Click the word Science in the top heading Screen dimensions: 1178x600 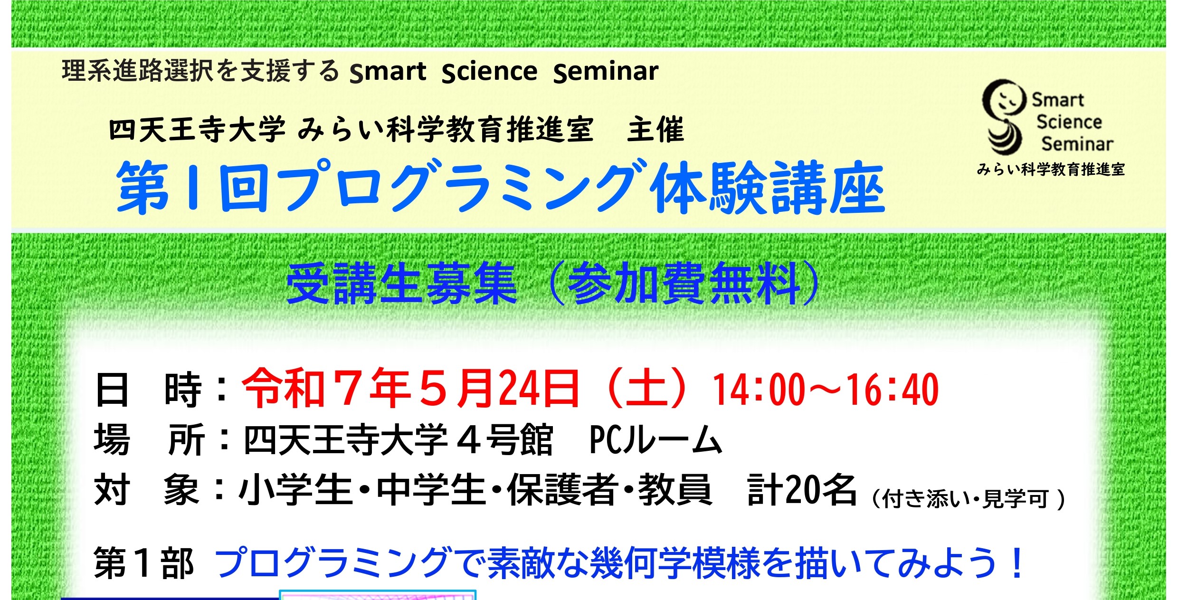pyautogui.click(x=490, y=72)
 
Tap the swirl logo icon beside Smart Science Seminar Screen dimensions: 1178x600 pyautogui.click(x=1002, y=116)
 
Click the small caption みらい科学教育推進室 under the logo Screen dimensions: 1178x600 pyautogui.click(x=1051, y=169)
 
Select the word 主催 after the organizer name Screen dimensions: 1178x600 pyautogui.click(x=655, y=130)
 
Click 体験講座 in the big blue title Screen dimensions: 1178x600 pyautogui.click(x=767, y=187)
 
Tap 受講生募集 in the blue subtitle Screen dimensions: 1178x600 pyautogui.click(x=401, y=284)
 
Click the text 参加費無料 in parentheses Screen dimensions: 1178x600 pyautogui.click(x=684, y=284)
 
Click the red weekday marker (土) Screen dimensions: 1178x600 pyautogui.click(x=646, y=389)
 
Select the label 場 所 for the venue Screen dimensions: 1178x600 pyautogui.click(x=150, y=439)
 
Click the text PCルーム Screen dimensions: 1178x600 pyautogui.click(x=656, y=439)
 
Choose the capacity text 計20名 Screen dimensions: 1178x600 pyautogui.click(x=802, y=490)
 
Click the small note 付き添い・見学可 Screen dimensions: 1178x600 pyautogui.click(x=965, y=499)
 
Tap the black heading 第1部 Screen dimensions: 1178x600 pyautogui.click(x=144, y=563)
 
